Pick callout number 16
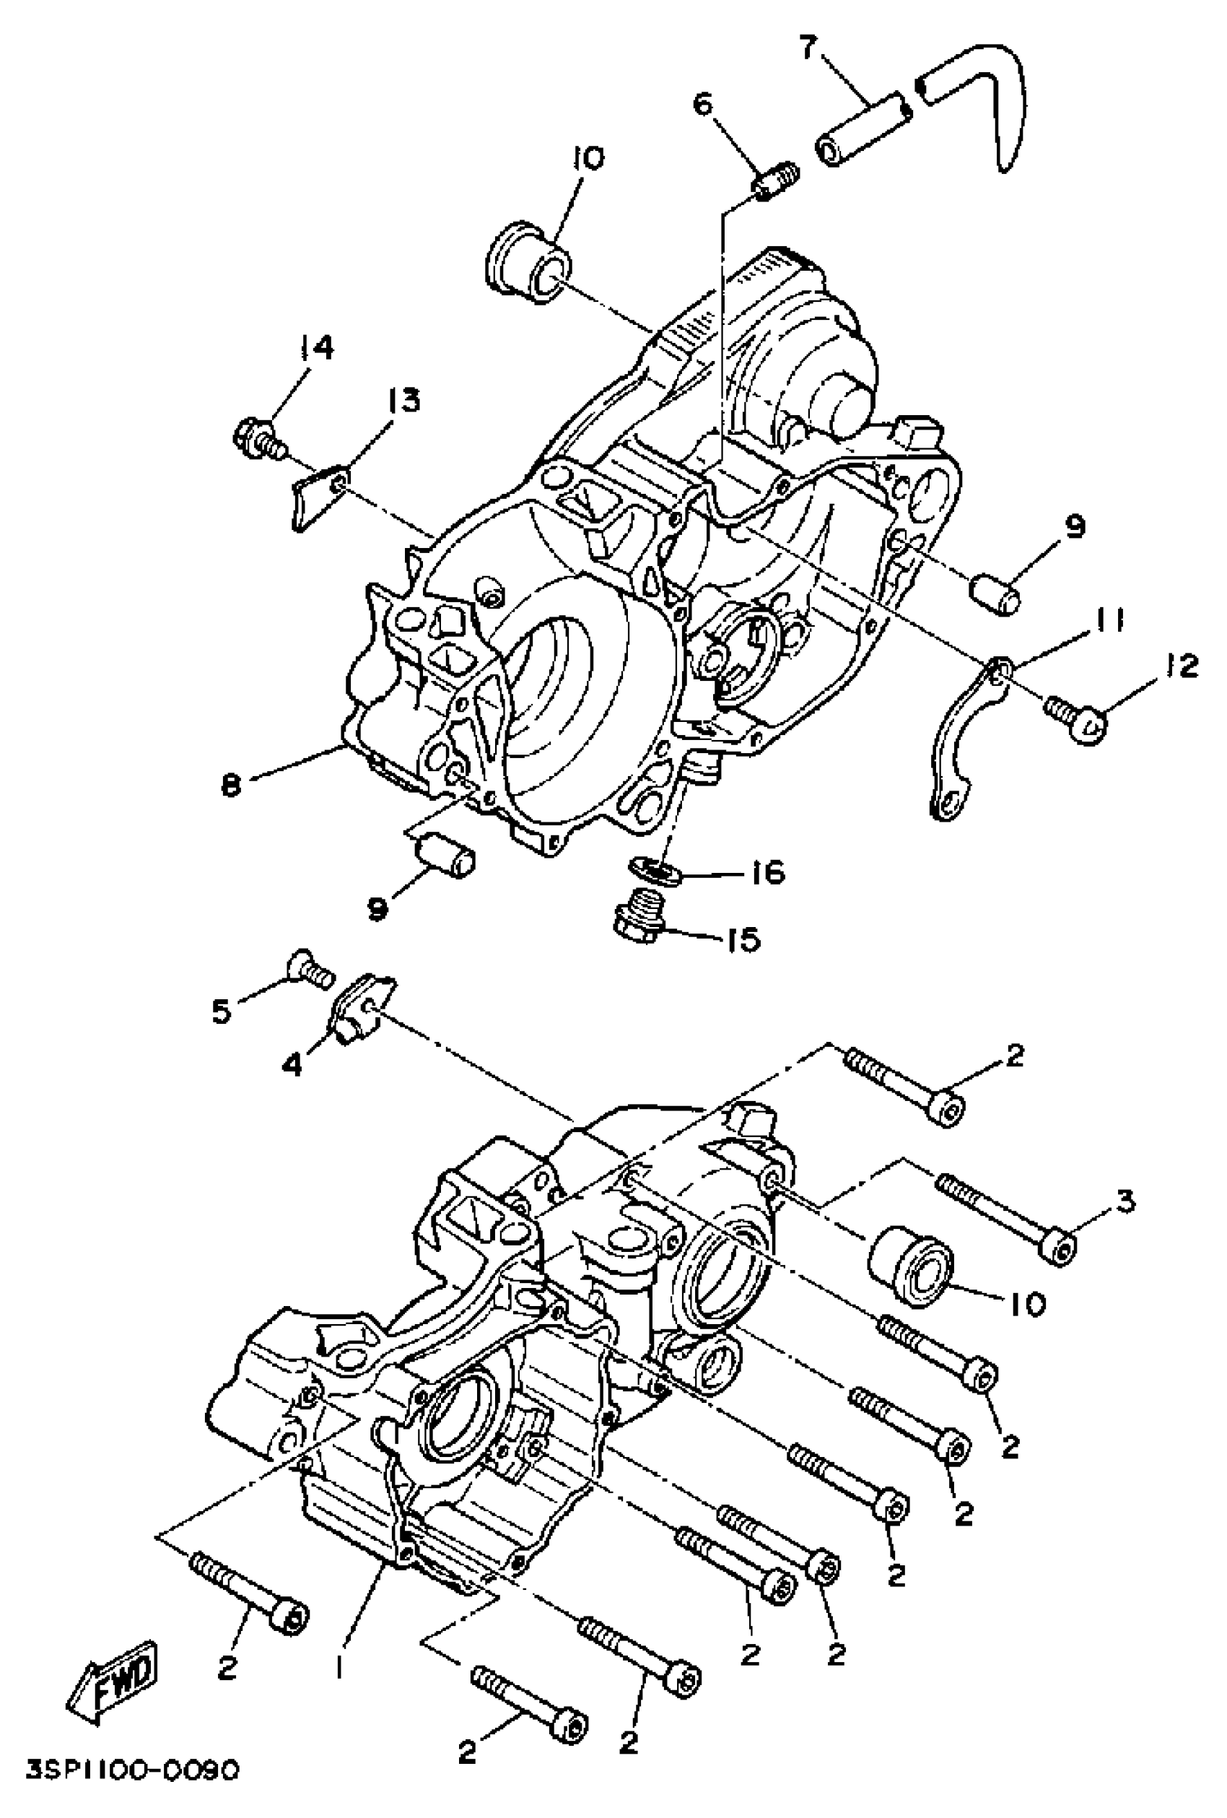tap(768, 871)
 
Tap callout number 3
tap(1125, 1201)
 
